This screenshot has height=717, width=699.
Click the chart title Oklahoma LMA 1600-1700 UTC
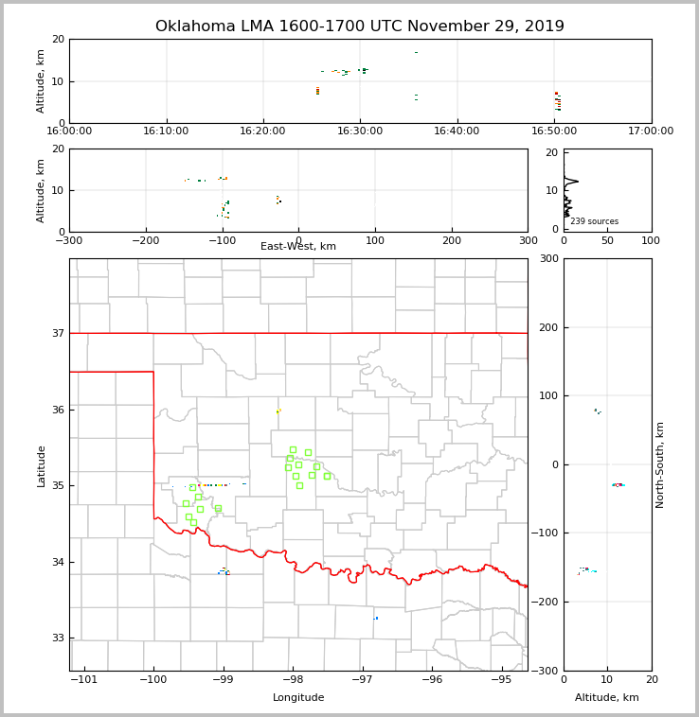pos(360,26)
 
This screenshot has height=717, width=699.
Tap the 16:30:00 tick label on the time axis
pos(360,131)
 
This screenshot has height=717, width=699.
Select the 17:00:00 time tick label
pos(651,131)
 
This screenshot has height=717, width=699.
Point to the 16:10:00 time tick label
pos(167,131)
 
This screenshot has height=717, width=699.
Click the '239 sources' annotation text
pos(594,222)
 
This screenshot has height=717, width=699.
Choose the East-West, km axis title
pos(298,247)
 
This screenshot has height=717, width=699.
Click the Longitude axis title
pos(298,698)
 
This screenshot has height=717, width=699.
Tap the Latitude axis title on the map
pos(41,465)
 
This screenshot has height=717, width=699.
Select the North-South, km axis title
pos(660,464)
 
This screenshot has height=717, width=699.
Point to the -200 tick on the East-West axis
pos(145,241)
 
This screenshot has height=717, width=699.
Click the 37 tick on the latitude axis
pos(58,333)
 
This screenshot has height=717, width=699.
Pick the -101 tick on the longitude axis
pos(84,680)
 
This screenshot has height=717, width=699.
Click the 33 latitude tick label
pos(58,638)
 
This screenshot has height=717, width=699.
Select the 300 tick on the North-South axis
pos(547,258)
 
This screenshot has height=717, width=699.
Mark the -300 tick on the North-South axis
pos(545,671)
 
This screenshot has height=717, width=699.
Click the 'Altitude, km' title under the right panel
pos(607,698)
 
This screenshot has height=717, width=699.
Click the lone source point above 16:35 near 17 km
pos(416,53)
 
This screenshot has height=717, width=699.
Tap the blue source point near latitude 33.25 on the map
pos(376,619)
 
